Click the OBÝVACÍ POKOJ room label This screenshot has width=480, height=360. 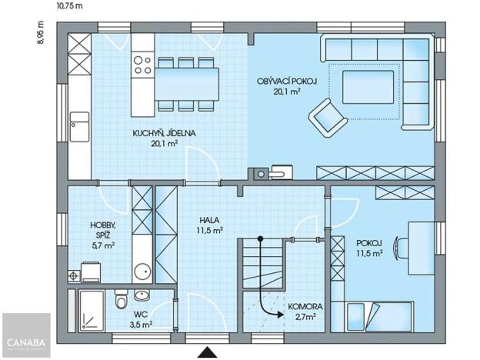point(278,85)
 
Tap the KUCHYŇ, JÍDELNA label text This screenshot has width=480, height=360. point(164,138)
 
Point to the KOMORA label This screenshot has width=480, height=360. point(305,311)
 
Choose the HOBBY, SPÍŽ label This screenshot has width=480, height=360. point(102,235)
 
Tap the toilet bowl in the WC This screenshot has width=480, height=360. point(118,302)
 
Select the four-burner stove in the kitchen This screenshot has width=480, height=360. point(142,64)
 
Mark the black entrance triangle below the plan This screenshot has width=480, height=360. point(206,352)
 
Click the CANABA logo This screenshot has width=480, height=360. point(25,336)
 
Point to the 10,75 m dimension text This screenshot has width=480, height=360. point(70,5)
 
